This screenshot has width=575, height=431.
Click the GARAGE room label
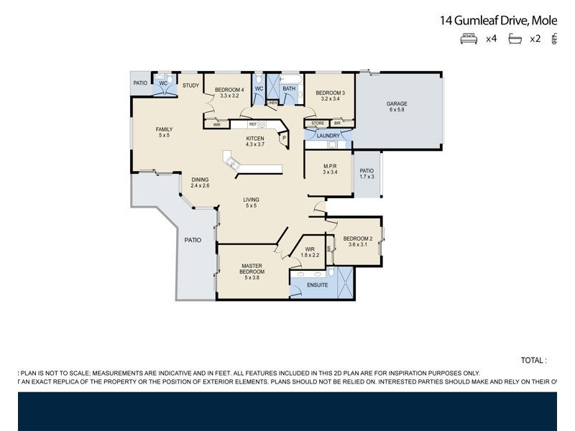pyautogui.click(x=397, y=103)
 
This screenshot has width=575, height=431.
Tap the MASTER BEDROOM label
pyautogui.click(x=252, y=269)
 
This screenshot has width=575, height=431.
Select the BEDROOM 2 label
pyautogui.click(x=357, y=238)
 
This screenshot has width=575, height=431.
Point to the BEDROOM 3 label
pyautogui.click(x=330, y=93)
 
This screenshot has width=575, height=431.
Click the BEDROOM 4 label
pyautogui.click(x=230, y=90)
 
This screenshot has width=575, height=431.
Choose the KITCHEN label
pyautogui.click(x=255, y=138)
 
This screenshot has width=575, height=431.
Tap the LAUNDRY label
pyautogui.click(x=328, y=136)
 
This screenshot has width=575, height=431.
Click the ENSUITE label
pyautogui.click(x=317, y=285)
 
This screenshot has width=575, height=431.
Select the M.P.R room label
pyautogui.click(x=330, y=167)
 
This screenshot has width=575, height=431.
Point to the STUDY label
pyautogui.click(x=190, y=85)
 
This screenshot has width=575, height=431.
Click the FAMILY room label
pyautogui.click(x=165, y=129)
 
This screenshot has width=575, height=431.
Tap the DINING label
pyautogui.click(x=200, y=180)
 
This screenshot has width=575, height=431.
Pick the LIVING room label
pyautogui.click(x=251, y=200)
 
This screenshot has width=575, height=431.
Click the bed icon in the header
pyautogui.click(x=469, y=39)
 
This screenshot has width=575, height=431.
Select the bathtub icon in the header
pyautogui.click(x=515, y=39)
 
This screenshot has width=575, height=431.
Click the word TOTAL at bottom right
pyautogui.click(x=533, y=360)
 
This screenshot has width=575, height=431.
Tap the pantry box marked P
pyautogui.click(x=284, y=138)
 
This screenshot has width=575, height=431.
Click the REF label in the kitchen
pyautogui.click(x=253, y=124)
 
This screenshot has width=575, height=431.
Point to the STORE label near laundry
pyautogui.click(x=318, y=124)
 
